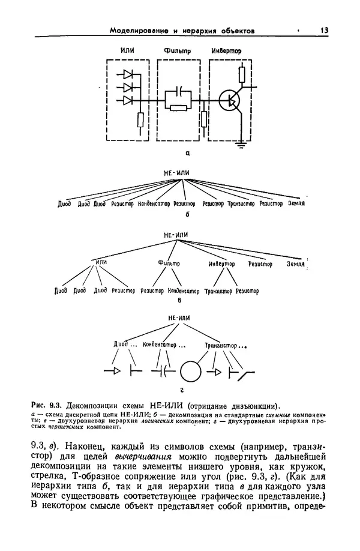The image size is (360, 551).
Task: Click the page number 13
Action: click(325, 30)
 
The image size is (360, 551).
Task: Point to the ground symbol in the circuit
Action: click(241, 143)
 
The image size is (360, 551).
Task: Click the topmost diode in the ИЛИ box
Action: click(128, 75)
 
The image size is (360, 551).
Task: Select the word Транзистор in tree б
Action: click(242, 204)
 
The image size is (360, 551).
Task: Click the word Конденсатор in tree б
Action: click(154, 204)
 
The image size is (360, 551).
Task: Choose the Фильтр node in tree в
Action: click(169, 263)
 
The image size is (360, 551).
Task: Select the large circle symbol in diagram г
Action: click(192, 371)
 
